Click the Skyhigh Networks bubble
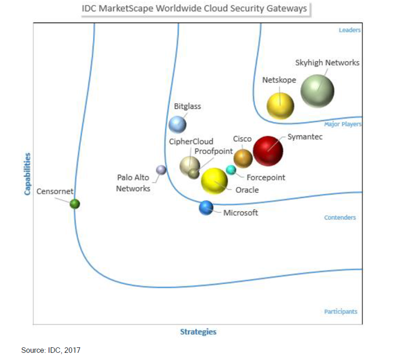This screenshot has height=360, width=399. click(317, 91)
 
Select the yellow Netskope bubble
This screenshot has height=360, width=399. click(280, 106)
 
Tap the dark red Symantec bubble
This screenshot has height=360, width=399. click(268, 151)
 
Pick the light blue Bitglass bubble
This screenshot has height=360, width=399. click(177, 125)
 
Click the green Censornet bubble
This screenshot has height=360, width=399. click(75, 204)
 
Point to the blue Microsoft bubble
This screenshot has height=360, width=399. click(206, 207)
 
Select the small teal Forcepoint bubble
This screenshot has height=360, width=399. click(231, 170)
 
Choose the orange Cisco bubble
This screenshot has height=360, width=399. click(243, 157)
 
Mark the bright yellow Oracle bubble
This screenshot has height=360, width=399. click(214, 180)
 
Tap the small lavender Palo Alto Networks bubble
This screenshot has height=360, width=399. click(161, 170)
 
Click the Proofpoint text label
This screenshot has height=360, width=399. click(213, 151)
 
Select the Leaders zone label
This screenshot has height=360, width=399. click(349, 30)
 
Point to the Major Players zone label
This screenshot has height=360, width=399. click(343, 124)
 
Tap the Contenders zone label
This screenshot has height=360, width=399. click(340, 217)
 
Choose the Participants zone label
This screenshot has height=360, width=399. click(340, 311)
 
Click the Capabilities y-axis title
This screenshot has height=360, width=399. click(28, 174)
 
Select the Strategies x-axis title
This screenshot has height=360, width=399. click(198, 332)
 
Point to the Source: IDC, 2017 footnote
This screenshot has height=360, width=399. click(51, 350)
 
